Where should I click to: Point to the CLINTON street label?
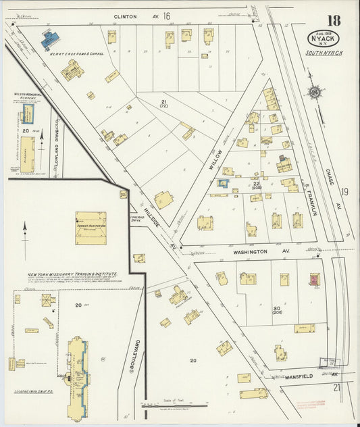click(125, 16)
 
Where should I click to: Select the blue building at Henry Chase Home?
click(49, 41)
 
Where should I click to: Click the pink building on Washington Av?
click(314, 279)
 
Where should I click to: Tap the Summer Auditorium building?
click(90, 228)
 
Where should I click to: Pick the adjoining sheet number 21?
click(336, 386)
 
